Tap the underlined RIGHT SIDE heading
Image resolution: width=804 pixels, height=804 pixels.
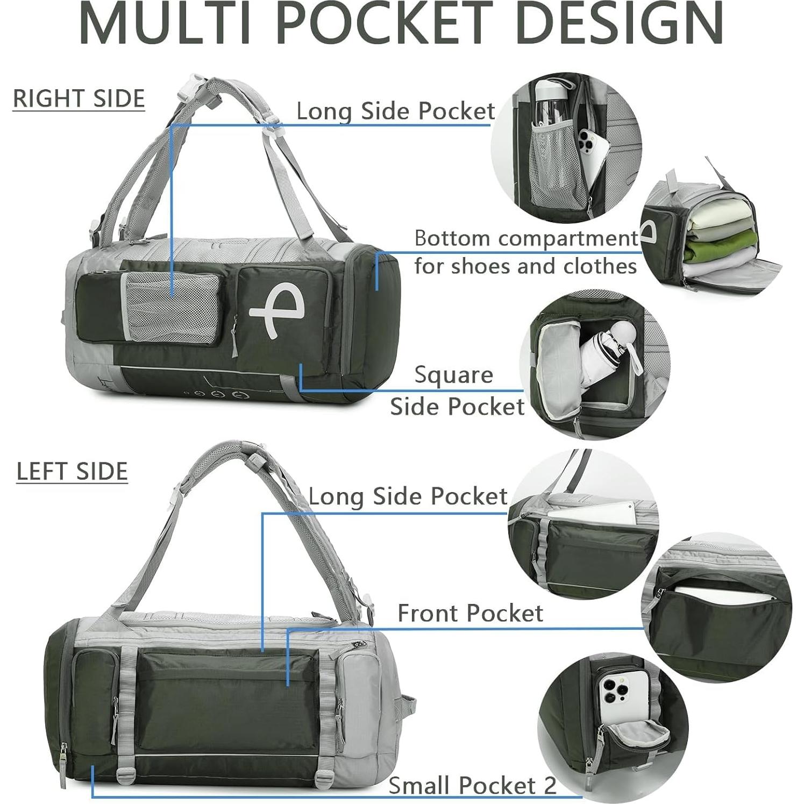click(79, 98)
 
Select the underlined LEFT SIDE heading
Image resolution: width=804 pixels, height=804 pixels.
click(72, 471)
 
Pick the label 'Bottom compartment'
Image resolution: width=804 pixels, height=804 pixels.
click(526, 238)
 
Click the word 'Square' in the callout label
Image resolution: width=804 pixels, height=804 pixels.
click(453, 375)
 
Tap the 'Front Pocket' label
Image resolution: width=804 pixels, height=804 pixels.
click(470, 613)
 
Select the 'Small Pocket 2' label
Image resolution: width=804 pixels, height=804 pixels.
click(472, 785)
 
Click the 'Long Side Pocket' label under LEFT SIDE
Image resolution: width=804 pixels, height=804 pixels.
click(408, 496)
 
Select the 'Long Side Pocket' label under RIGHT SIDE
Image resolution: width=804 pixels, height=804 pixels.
click(395, 111)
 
